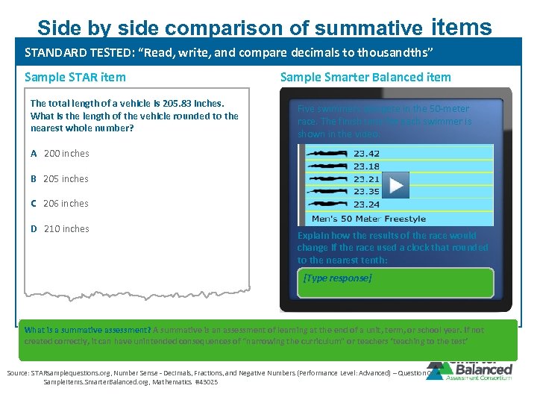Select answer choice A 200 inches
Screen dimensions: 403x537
pyautogui.click(x=60, y=154)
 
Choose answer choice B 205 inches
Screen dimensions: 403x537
pyautogui.click(x=60, y=179)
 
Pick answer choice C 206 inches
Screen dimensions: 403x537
pyautogui.click(x=60, y=204)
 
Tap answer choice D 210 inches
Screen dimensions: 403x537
pyautogui.click(x=60, y=229)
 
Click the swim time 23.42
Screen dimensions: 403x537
pyautogui.click(x=366, y=154)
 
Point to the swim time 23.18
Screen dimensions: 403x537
pyautogui.click(x=366, y=166)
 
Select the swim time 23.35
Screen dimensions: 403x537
pyautogui.click(x=366, y=192)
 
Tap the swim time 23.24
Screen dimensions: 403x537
pyautogui.click(x=366, y=204)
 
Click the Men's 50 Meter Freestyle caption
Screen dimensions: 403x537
pyautogui.click(x=368, y=219)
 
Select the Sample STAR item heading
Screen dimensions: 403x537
pyautogui.click(x=75, y=77)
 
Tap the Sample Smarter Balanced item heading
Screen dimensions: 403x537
pyautogui.click(x=365, y=77)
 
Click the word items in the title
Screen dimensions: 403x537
pyautogui.click(x=461, y=27)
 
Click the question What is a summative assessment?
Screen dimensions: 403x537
pyautogui.click(x=87, y=330)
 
